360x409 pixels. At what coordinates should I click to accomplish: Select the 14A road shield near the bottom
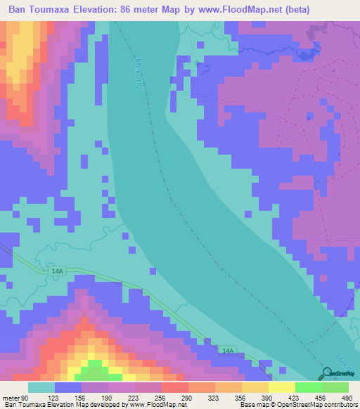(226, 350)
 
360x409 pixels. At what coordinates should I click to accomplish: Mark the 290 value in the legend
(186, 397)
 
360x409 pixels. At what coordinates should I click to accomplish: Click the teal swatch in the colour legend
(41, 387)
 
